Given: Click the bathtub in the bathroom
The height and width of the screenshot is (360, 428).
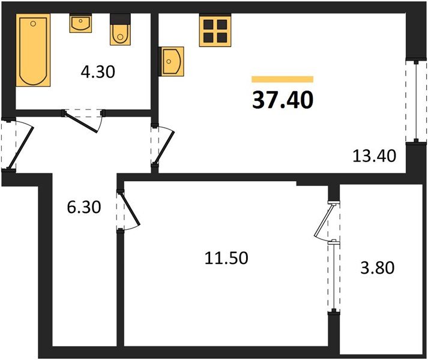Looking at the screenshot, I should click(x=34, y=52).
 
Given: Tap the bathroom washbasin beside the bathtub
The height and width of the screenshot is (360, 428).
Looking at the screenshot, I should click(x=80, y=24).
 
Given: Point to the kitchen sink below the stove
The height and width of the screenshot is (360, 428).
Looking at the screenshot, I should click(x=172, y=60).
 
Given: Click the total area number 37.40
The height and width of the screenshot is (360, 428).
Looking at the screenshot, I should click(x=283, y=100).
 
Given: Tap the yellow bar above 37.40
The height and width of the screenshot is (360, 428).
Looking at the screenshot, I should click(x=283, y=79).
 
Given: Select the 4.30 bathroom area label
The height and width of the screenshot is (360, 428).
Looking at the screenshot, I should click(x=98, y=73).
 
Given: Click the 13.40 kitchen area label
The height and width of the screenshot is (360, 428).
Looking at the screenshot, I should click(x=375, y=157).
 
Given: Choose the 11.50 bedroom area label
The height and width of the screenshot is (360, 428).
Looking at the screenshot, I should click(x=226, y=259).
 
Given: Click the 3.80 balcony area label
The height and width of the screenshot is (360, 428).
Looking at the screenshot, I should click(x=378, y=267).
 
